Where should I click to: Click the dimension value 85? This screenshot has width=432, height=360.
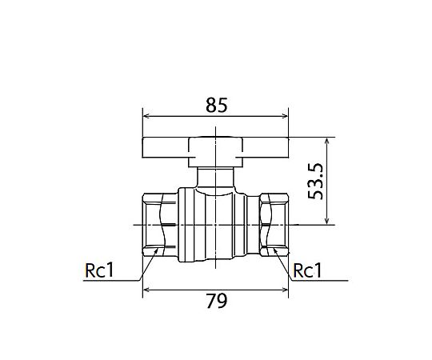217,106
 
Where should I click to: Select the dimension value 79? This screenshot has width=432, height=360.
217,302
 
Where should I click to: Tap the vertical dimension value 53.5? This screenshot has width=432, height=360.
315,182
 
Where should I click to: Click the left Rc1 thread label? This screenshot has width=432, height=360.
99,270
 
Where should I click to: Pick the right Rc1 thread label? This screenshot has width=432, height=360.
307,270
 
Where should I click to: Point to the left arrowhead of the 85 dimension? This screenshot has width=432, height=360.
146,116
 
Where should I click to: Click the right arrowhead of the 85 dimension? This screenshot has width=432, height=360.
285,116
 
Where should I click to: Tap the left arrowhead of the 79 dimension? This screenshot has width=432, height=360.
146,290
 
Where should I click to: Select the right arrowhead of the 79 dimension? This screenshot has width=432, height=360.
285,290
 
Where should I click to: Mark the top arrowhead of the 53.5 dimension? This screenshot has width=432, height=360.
326,141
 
